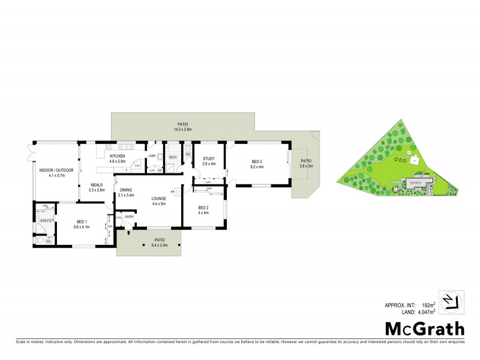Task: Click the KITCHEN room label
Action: (117, 156)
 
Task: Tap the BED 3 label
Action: (256, 161)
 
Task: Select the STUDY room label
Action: (209, 158)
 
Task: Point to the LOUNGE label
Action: (158, 199)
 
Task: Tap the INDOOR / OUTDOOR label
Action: (56, 170)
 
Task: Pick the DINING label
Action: (127, 190)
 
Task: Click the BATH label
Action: (173, 158)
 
